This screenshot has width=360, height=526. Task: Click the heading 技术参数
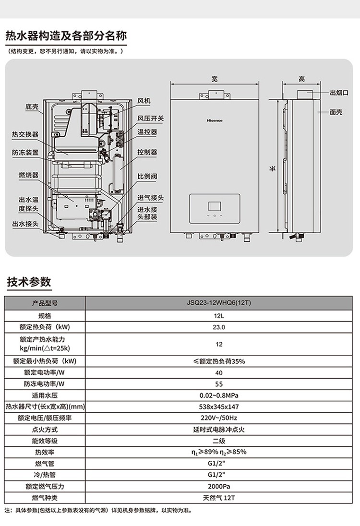(29, 282)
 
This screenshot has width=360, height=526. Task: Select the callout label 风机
(144, 101)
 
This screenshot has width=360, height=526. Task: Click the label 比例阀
(147, 177)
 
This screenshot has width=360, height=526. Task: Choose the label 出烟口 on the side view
(339, 92)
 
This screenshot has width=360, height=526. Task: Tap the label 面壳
(336, 112)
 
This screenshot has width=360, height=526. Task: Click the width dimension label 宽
(215, 79)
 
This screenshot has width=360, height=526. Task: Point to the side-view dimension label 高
(301, 79)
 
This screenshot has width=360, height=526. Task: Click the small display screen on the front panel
(215, 207)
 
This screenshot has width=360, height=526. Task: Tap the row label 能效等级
(45, 441)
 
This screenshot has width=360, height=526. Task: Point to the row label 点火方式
(45, 430)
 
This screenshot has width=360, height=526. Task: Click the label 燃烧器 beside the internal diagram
(28, 175)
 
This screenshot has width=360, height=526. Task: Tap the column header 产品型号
(45, 303)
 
